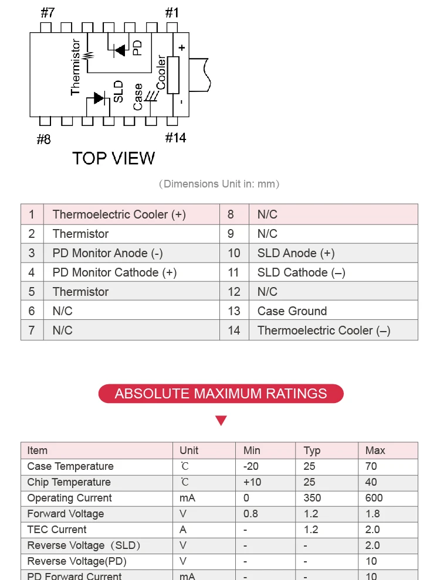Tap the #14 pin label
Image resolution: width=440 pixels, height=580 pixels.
coord(175,138)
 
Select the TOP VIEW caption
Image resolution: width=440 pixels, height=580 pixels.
coord(113,158)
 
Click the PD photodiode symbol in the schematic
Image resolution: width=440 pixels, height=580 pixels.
coord(120,50)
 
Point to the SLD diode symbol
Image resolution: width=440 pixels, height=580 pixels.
coord(100,98)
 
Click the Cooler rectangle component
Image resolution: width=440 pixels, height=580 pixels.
coord(173,75)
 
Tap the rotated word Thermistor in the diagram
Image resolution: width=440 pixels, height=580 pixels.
coord(75,67)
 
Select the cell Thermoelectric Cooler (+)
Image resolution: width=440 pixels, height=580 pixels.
coord(119,214)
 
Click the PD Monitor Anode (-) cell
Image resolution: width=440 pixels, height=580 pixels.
coord(107,253)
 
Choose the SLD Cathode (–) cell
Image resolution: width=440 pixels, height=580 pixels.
coord(301,272)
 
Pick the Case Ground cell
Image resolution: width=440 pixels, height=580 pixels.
coord(292,311)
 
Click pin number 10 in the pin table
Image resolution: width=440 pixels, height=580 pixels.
coord(234,253)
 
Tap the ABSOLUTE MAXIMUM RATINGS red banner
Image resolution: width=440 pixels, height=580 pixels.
coord(221,393)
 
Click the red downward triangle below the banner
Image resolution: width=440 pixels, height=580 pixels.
coord(221,420)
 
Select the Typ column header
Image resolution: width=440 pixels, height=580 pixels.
coord(312,451)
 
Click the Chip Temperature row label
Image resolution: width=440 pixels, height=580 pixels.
coord(69,482)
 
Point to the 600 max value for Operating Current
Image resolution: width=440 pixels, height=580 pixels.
coord(374,498)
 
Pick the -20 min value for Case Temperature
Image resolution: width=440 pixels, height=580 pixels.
coord(251,466)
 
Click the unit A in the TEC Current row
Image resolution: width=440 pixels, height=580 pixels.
coord(183,530)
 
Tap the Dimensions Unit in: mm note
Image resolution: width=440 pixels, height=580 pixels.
coord(219,184)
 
